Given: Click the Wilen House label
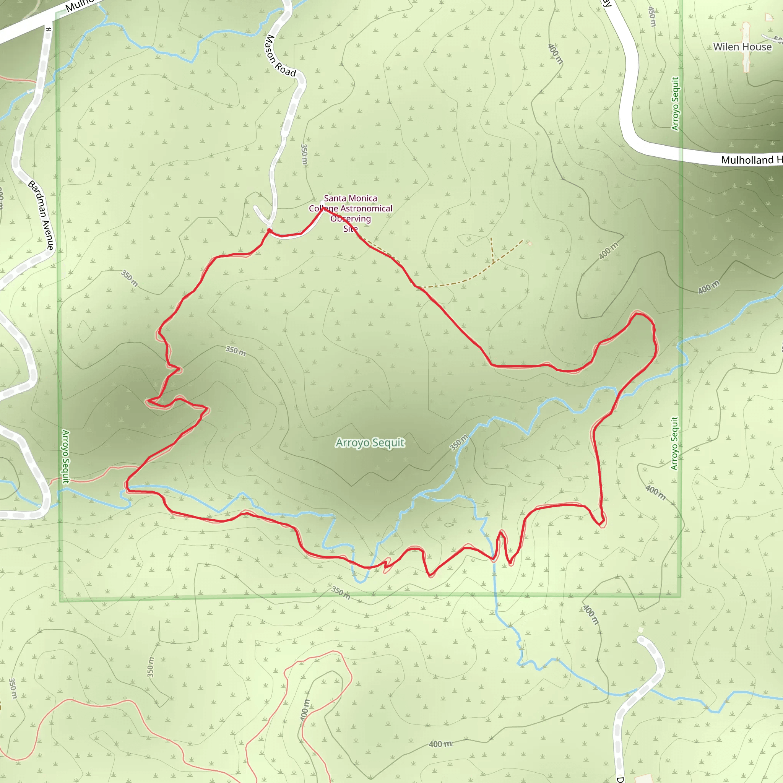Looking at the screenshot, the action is point(742,47).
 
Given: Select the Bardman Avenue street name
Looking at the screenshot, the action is point(41,215).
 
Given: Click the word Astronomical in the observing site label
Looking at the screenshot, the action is point(366,208).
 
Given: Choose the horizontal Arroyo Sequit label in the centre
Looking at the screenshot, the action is point(370,443).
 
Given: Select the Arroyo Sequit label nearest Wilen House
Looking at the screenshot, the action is point(675,104).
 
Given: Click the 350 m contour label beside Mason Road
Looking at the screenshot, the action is point(304,154).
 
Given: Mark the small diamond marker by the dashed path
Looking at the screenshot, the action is point(530,244).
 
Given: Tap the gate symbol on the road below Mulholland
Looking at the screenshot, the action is point(49,29).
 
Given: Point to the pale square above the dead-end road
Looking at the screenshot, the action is point(641,630).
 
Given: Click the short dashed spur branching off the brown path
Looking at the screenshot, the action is point(492,250).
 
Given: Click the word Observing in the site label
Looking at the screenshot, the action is point(351,219).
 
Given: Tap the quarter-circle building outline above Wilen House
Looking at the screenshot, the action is point(769,17).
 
